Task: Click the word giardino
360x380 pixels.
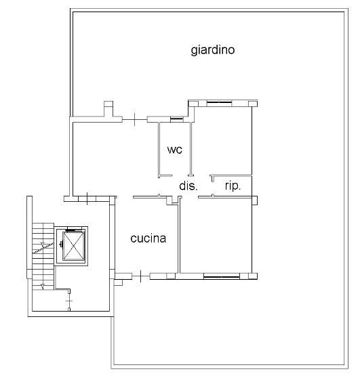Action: click(x=213, y=50)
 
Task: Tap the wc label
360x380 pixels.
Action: click(x=175, y=150)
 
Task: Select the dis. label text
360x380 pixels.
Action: click(x=188, y=186)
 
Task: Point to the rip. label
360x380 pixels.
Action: click(x=233, y=186)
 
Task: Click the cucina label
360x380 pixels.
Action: click(x=148, y=238)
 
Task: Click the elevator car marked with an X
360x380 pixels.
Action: click(x=73, y=245)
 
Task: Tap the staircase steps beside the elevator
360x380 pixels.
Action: click(x=43, y=256)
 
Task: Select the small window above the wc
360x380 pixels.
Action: click(x=176, y=119)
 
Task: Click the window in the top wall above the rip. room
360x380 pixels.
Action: click(x=219, y=104)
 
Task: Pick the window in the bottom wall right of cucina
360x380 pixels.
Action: click(x=222, y=276)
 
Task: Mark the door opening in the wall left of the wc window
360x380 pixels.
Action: click(x=135, y=119)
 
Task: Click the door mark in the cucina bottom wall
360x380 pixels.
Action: click(x=141, y=276)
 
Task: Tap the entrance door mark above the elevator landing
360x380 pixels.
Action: click(x=87, y=198)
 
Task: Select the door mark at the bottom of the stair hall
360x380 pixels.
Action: click(x=69, y=301)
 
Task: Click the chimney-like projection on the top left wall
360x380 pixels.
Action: click(x=108, y=109)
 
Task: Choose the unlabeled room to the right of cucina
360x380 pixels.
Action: click(x=216, y=236)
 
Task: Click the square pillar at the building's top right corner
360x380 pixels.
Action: click(x=253, y=104)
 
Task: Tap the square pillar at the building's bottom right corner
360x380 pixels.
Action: click(x=253, y=276)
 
